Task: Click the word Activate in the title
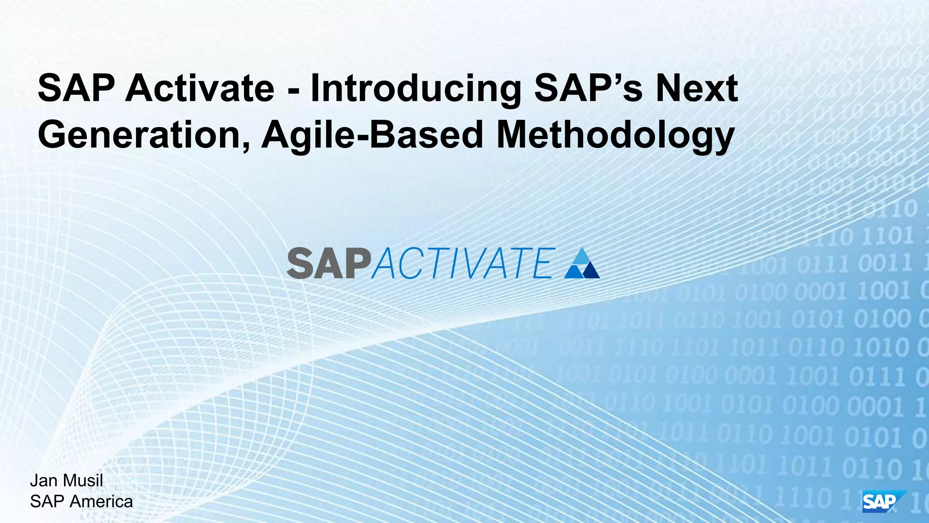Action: click(x=200, y=88)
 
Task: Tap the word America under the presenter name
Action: click(x=101, y=502)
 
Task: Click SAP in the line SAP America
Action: click(x=47, y=502)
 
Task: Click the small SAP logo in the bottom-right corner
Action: click(x=882, y=502)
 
